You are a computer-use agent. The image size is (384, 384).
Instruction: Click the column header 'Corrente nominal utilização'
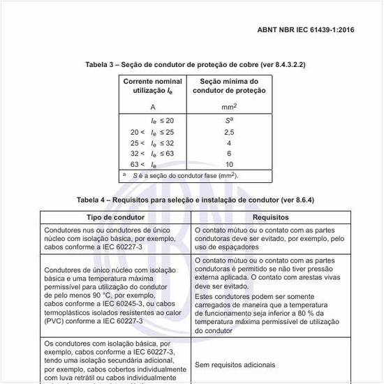click(153, 87)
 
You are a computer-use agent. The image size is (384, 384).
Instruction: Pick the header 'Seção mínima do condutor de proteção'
click(230, 87)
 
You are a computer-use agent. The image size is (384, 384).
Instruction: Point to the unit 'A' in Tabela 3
click(153, 107)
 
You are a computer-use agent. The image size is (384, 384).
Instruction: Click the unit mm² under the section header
click(230, 107)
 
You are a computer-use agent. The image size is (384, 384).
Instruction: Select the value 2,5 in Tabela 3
click(230, 132)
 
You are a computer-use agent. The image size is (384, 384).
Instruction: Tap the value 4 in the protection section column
click(230, 143)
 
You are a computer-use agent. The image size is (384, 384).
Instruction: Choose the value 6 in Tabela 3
click(230, 154)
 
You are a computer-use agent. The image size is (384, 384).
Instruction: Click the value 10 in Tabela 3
click(230, 164)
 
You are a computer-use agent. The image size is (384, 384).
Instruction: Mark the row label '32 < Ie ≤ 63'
click(153, 154)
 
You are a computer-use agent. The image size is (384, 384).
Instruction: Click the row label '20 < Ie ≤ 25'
click(153, 132)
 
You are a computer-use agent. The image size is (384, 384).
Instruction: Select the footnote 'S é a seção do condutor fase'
click(186, 175)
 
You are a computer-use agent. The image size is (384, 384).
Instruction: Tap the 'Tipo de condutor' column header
click(115, 218)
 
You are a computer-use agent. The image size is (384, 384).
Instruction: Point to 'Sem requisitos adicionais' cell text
click(235, 364)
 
